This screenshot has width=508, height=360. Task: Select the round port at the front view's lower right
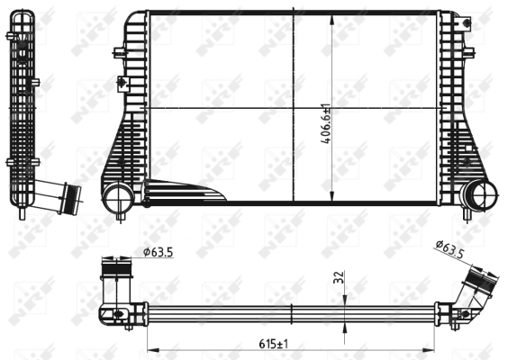pyautogui.click(x=480, y=194)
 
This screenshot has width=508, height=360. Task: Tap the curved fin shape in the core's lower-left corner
pyautogui.click(x=180, y=192)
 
